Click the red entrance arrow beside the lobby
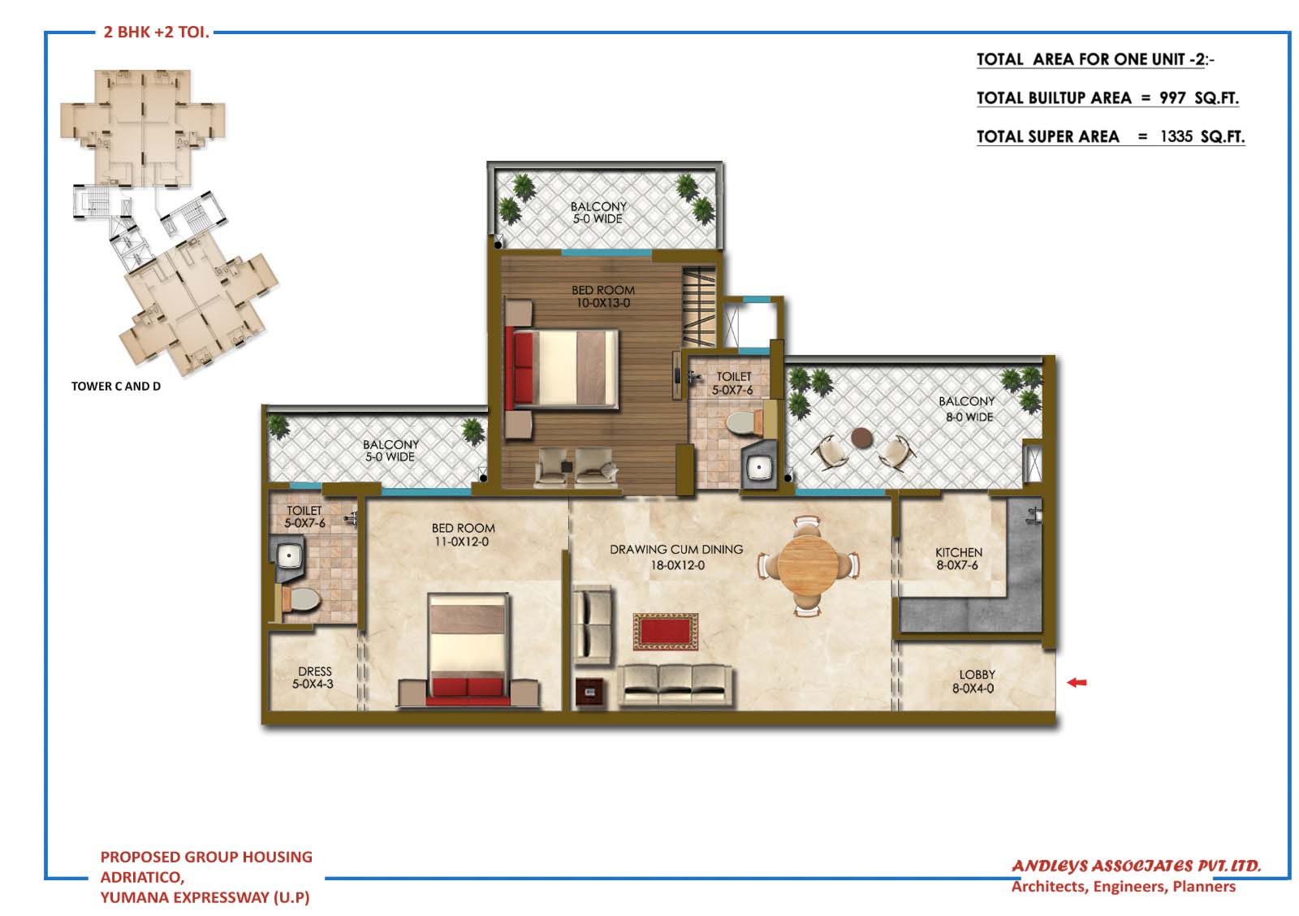coord(1077,683)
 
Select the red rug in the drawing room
coord(665,632)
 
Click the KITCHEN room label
coord(959,552)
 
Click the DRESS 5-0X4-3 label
coord(313,677)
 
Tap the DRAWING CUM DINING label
coord(676,550)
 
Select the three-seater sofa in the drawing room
coord(675,685)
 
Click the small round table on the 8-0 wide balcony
coord(861,438)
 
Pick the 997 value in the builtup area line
coord(1172,98)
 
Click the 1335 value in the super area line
coord(1176,137)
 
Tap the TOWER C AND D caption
coord(116,387)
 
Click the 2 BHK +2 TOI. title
coord(156,32)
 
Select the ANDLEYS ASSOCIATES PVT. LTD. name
coord(1136,866)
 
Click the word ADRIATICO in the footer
coord(142,877)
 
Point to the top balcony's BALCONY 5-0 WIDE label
coord(598,212)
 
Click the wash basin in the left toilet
coord(288,555)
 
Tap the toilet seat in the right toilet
coord(744,423)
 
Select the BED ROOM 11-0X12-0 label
coord(463,534)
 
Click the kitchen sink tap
coord(1034,515)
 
